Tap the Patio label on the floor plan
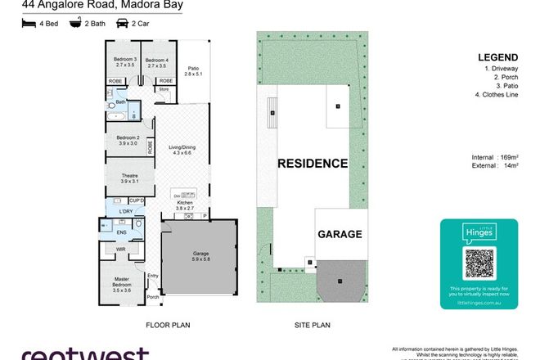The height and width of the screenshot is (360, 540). tap(193, 71)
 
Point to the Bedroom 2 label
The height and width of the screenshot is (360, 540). tap(128, 140)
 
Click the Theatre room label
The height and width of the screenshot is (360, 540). tap(127, 178)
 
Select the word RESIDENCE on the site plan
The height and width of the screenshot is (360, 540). tap(312, 163)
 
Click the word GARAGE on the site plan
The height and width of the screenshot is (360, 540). tap(340, 235)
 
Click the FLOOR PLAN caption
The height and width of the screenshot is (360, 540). tap(168, 325)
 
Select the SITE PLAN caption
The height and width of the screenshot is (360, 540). tap(312, 325)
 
